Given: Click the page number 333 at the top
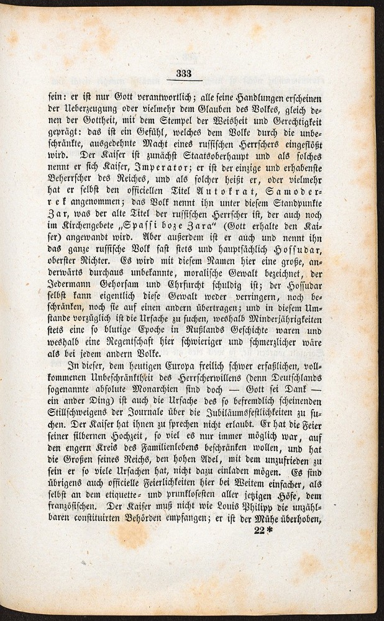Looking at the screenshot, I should pyautogui.click(x=184, y=73).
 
